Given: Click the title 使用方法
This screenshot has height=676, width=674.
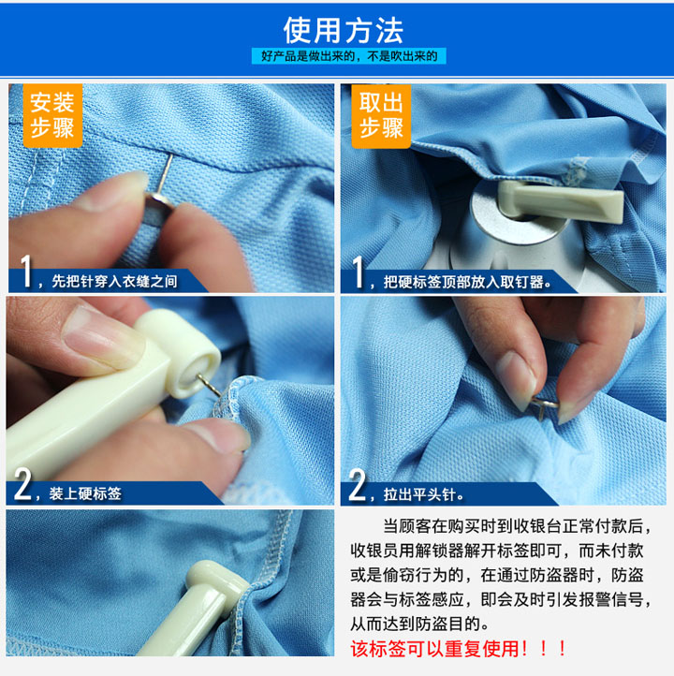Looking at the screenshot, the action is click(343, 31).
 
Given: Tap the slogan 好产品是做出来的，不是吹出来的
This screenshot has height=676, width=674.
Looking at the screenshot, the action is click(349, 56).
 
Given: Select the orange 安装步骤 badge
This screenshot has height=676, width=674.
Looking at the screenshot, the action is click(52, 115).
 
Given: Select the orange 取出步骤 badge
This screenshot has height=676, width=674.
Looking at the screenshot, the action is click(381, 116).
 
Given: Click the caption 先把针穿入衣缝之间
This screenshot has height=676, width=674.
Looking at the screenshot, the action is click(114, 282).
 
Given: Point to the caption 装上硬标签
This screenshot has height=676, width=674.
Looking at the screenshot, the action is click(85, 493).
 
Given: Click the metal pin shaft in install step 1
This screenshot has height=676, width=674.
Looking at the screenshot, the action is click(165, 173).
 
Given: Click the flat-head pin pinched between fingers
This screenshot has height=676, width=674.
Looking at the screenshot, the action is click(544, 404).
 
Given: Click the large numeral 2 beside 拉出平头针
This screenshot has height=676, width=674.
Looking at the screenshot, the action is click(358, 485).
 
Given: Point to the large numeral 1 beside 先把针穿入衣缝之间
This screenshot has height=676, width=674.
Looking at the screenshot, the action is click(26, 271).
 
